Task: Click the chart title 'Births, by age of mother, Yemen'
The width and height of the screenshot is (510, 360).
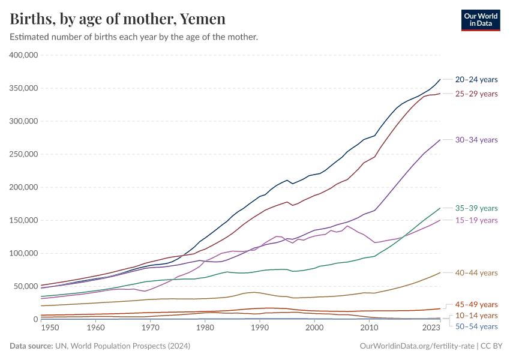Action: pos(118,19)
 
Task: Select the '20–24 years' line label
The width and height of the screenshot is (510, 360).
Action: pos(476,79)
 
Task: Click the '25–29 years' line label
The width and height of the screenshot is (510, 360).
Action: pos(476,94)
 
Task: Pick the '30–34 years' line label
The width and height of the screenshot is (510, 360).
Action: pos(476,140)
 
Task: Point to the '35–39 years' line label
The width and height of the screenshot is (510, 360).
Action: pos(476,208)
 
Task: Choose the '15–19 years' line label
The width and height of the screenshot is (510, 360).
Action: pos(476,220)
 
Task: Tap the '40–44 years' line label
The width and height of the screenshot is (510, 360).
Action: pos(476,273)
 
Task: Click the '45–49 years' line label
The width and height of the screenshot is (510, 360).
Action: pos(476,304)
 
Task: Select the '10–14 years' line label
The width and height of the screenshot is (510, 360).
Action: pos(476,315)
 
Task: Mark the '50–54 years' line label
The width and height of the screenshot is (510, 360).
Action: pos(476,326)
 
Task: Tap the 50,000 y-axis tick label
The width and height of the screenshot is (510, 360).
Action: pos(26,286)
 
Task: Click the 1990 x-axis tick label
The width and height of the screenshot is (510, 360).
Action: pos(260,328)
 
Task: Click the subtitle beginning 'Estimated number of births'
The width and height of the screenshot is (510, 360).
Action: pos(134,37)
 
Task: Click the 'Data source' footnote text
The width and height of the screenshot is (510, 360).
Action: pos(99,346)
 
